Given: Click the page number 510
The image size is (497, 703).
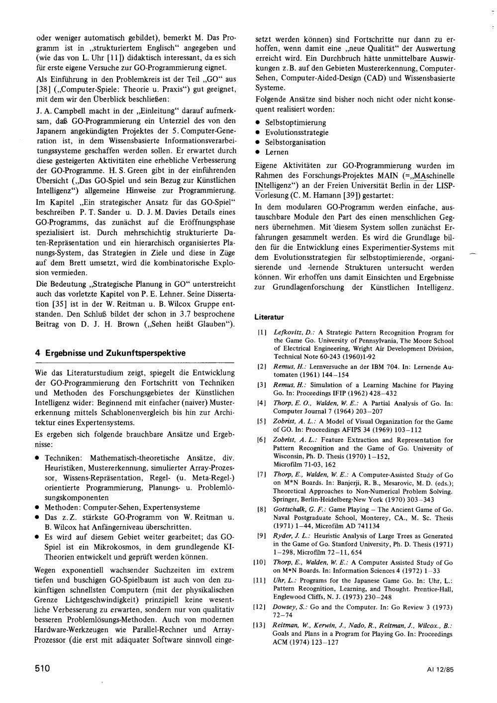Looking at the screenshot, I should (x=43, y=669).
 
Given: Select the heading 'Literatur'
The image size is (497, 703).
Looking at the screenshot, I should (x=269, y=317).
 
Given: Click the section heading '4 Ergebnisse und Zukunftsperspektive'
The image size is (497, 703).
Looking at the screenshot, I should (x=110, y=353).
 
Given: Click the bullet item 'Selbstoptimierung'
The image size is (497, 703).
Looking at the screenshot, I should (x=296, y=122).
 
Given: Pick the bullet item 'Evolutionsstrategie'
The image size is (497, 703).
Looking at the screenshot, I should (x=297, y=132).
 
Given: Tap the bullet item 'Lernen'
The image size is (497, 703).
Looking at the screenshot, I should (x=277, y=152).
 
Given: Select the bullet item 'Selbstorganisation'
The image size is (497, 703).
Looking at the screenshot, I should (x=295, y=142).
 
